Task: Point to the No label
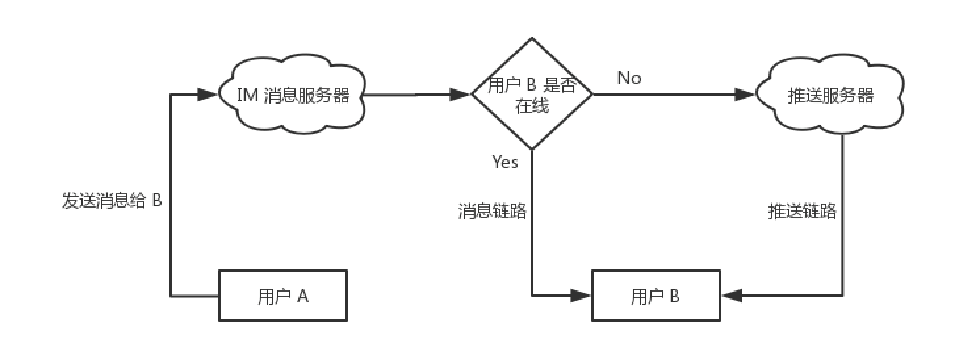[629, 78]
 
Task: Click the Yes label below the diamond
[505, 162]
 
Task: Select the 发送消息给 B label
[112, 200]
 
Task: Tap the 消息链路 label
[493, 211]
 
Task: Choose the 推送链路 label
[803, 211]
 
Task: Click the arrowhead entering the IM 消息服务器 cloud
[208, 94]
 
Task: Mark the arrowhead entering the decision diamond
[460, 94]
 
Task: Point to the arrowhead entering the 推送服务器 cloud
[745, 94]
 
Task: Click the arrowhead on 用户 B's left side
[581, 295]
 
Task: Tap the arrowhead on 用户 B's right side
[732, 295]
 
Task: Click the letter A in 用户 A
[303, 296]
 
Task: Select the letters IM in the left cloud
[247, 95]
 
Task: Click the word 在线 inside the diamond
[531, 105]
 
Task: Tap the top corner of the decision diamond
[531, 37]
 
